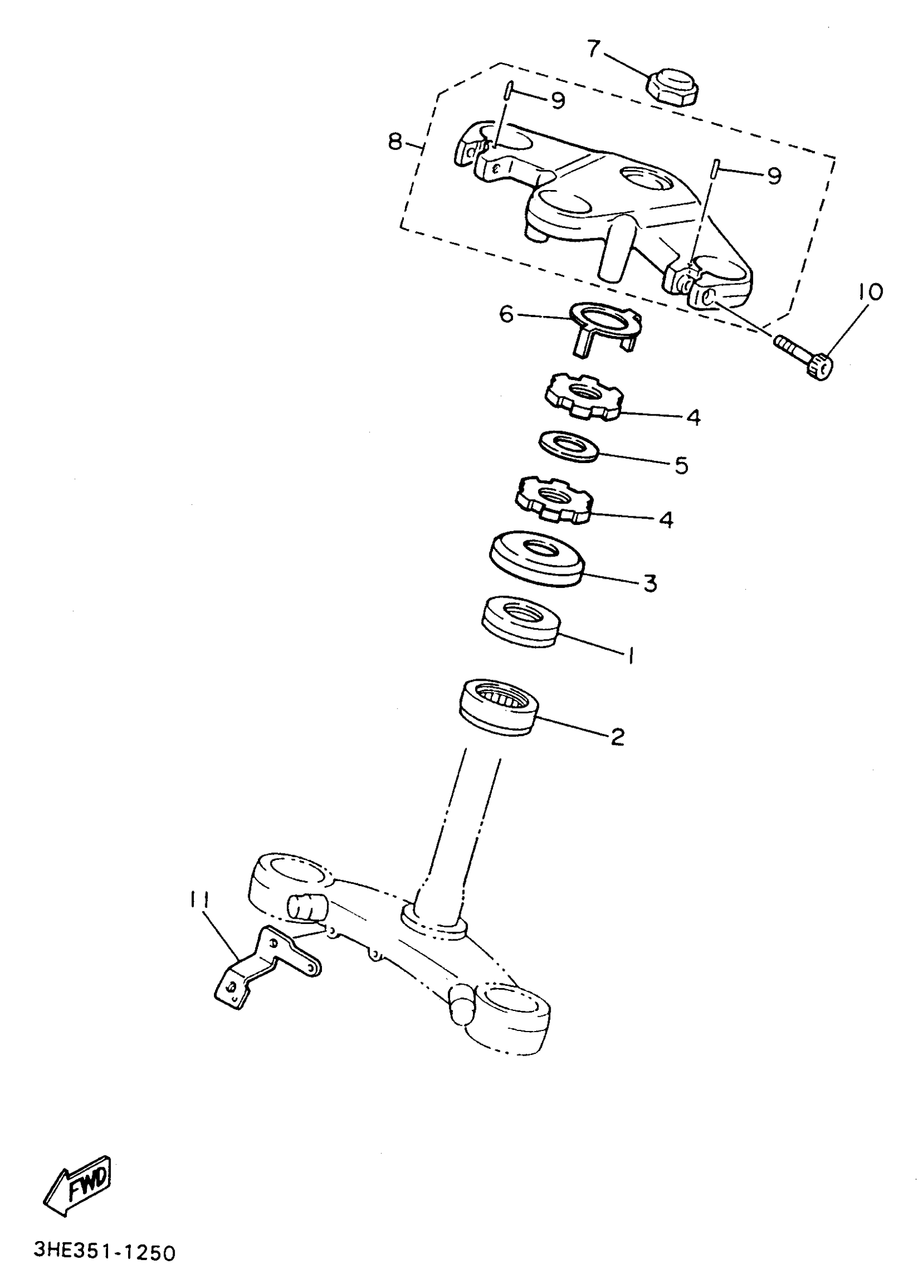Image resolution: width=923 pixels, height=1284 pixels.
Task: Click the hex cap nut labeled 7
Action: (x=672, y=87)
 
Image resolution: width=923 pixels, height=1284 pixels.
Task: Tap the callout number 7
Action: (x=593, y=50)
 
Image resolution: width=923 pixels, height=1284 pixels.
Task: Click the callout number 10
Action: (x=869, y=292)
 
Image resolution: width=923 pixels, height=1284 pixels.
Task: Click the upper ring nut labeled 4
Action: (x=584, y=397)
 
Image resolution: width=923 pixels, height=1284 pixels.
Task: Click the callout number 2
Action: (x=617, y=737)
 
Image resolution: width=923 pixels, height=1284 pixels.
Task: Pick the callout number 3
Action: (x=650, y=583)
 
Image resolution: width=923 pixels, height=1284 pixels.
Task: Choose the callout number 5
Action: (x=681, y=466)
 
